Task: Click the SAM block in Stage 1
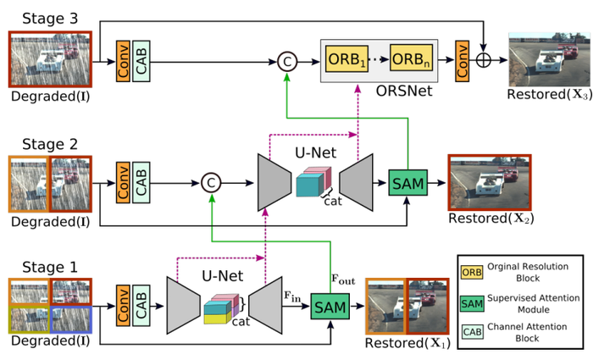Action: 329,304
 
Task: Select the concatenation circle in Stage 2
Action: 210,181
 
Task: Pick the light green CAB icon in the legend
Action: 471,330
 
